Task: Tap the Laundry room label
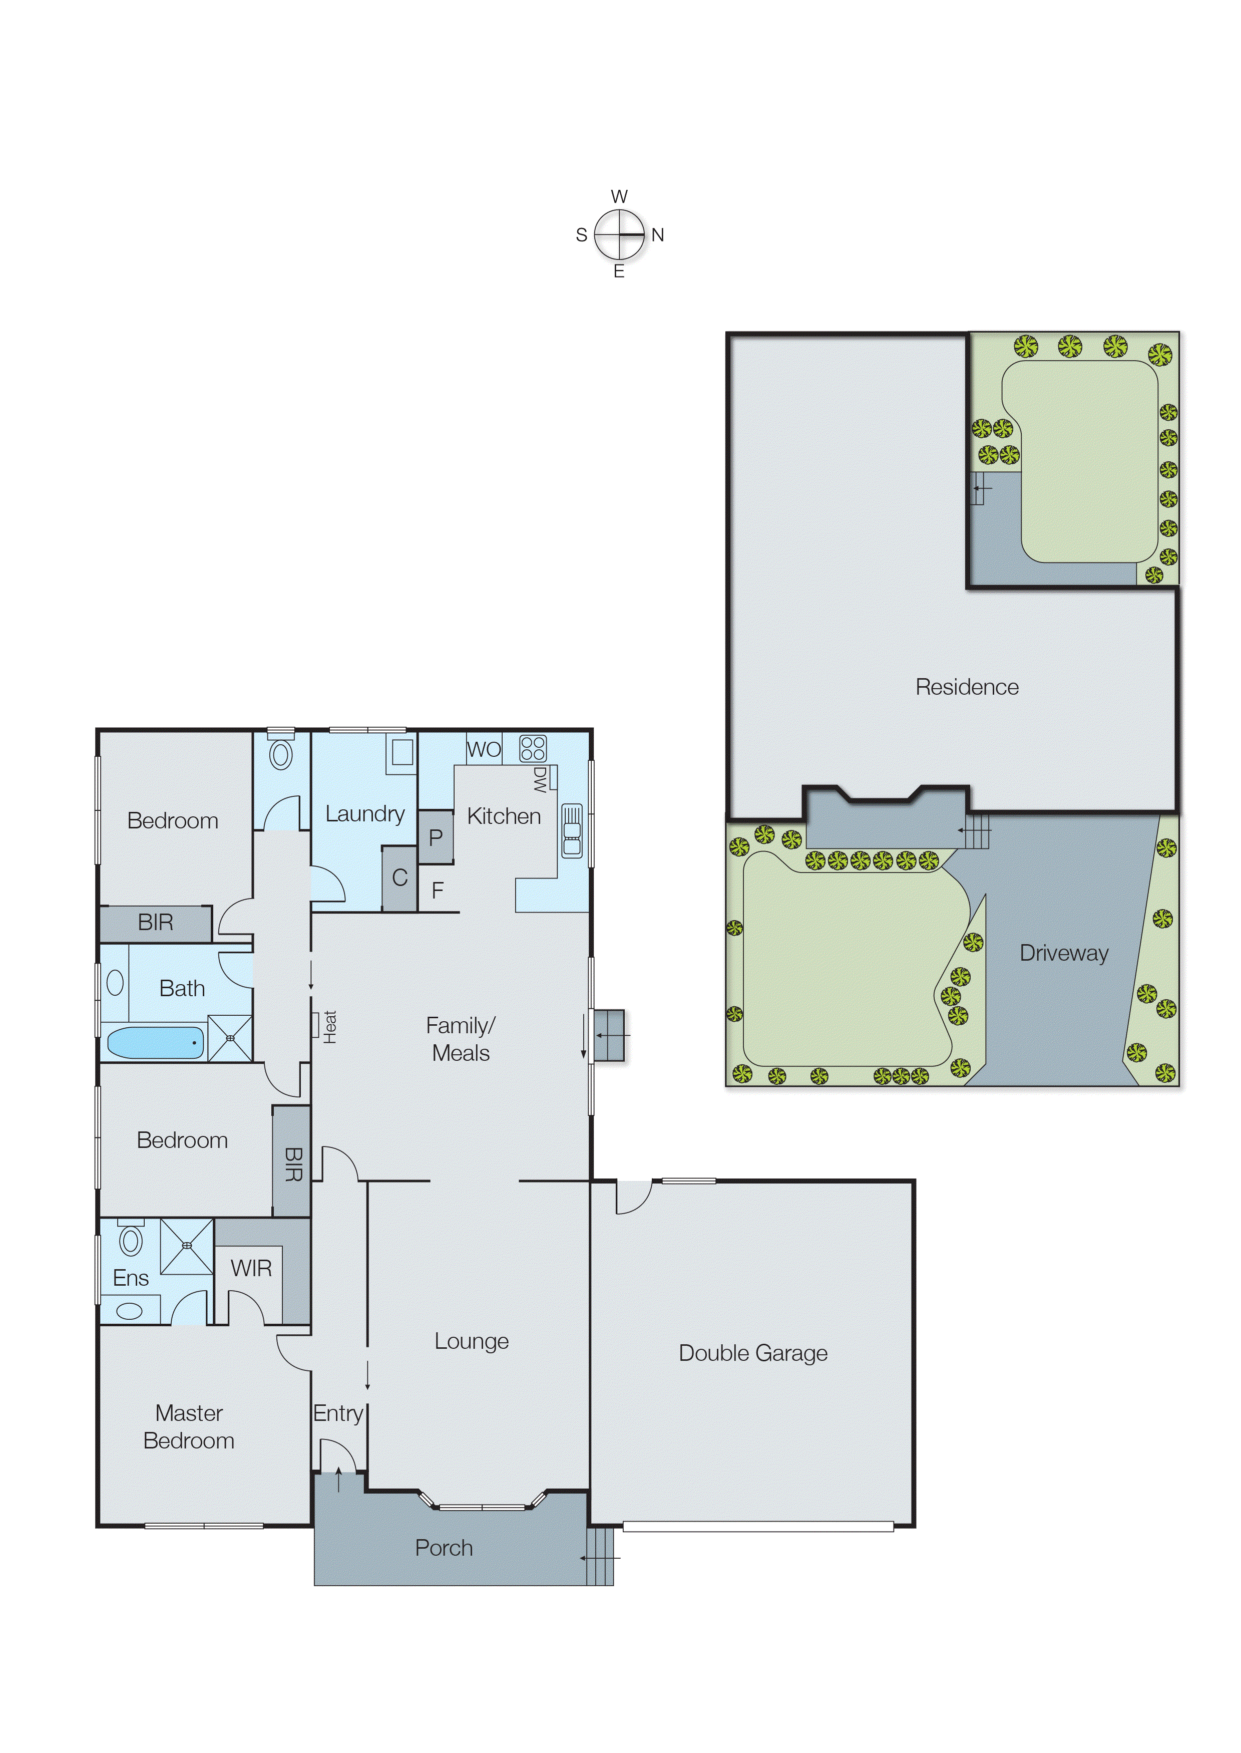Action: (364, 814)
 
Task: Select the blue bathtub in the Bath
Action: (155, 1042)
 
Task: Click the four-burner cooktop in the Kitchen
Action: (533, 748)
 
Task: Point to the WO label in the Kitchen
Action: (484, 749)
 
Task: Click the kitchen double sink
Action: (572, 829)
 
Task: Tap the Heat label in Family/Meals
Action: (329, 1027)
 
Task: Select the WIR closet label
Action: (251, 1268)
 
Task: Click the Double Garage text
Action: (753, 1353)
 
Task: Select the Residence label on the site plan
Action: (967, 687)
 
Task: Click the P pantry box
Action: (436, 837)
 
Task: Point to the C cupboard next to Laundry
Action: (399, 878)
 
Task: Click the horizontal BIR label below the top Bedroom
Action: (155, 923)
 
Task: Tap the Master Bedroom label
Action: (189, 1426)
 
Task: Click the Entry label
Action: (338, 1413)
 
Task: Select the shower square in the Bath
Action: (230, 1037)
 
